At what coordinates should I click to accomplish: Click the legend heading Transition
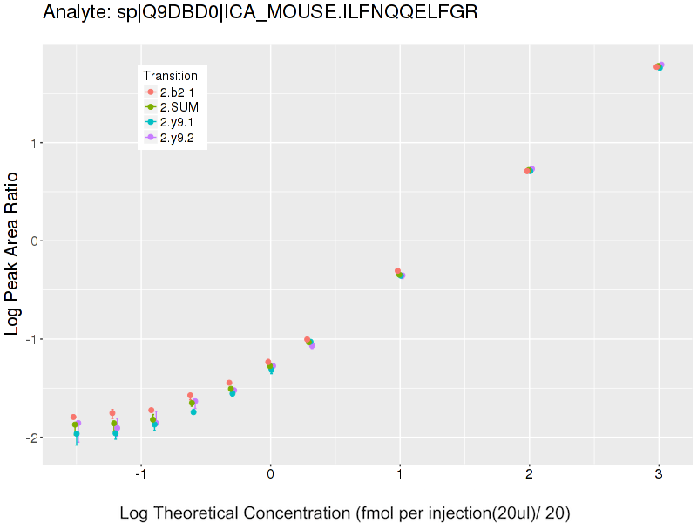170,76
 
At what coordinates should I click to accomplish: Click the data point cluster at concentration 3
659,66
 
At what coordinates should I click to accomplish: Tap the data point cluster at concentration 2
529,170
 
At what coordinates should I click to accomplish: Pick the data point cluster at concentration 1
400,274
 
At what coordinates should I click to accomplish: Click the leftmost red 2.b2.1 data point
73,417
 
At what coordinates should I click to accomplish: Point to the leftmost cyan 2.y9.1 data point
77,433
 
